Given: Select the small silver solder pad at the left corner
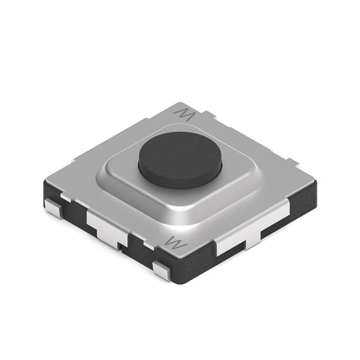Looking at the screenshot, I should pos(53,209).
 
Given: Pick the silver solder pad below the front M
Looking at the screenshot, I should pos(161,270).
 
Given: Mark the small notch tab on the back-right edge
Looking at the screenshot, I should pos(292,161).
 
